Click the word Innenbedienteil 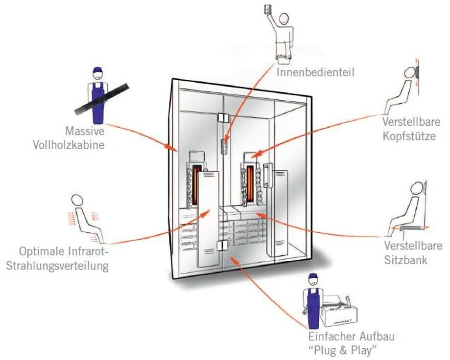(x=315, y=73)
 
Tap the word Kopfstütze (x=409, y=136)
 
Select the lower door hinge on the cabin (x=223, y=247)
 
